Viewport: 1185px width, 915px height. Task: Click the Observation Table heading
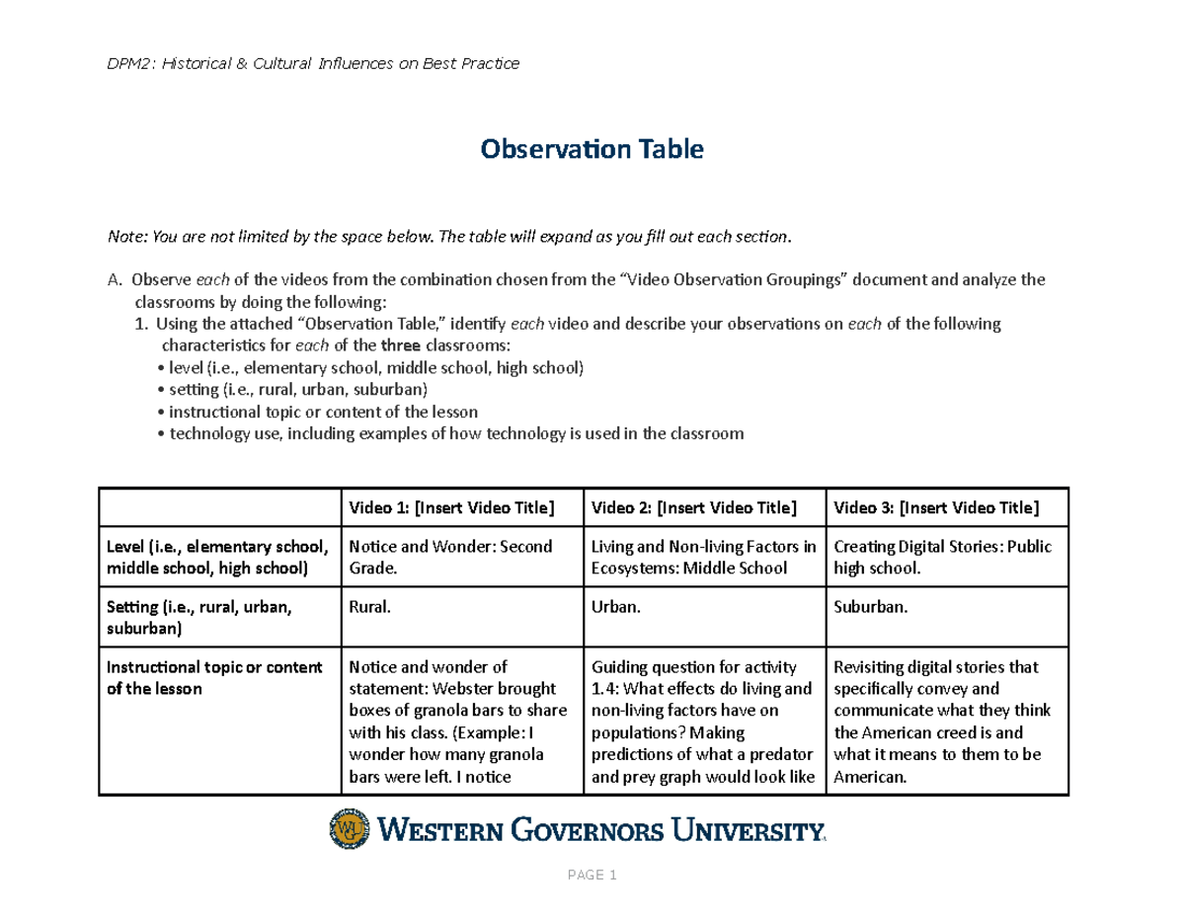(592, 149)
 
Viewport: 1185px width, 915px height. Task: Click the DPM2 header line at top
(313, 64)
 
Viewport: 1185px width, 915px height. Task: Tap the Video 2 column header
(692, 508)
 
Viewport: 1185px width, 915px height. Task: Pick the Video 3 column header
(936, 508)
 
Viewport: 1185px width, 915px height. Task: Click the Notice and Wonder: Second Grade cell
(445, 557)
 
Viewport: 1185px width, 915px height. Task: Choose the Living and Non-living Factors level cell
(703, 557)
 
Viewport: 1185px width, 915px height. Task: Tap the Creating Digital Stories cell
(943, 557)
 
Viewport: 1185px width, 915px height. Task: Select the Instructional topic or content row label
(214, 677)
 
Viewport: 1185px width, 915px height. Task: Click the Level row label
(216, 557)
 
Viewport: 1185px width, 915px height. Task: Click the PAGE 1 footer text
(592, 876)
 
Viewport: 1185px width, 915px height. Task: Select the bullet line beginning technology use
(449, 433)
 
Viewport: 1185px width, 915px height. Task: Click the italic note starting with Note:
(449, 237)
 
